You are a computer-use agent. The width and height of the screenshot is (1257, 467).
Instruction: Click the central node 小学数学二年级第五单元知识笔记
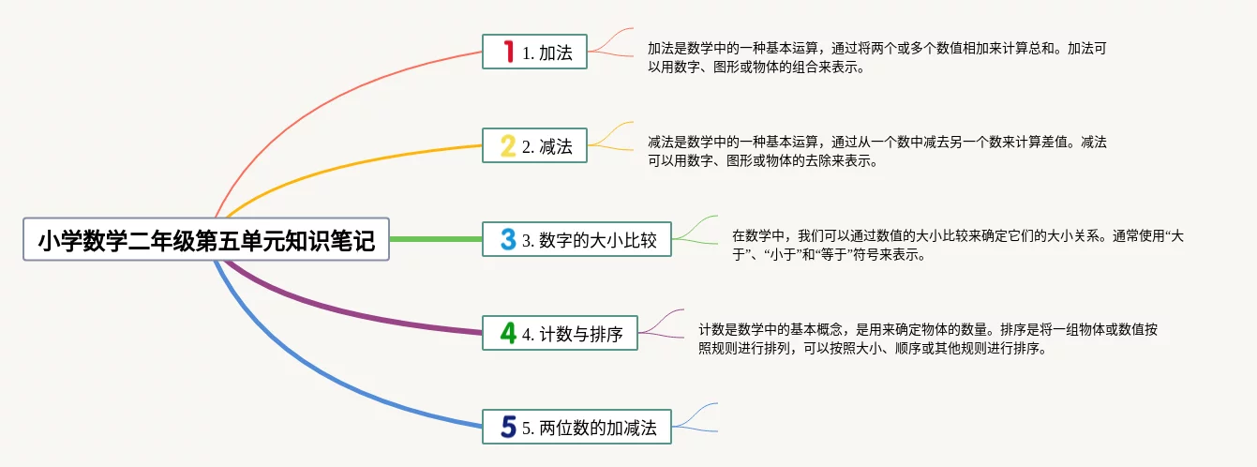206,239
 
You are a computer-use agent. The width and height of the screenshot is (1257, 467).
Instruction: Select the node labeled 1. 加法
534,52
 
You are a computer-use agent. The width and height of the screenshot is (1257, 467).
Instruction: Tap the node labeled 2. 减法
534,145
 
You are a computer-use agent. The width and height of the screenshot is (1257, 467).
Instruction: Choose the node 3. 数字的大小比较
576,239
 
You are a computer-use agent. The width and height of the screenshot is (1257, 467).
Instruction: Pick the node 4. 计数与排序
560,333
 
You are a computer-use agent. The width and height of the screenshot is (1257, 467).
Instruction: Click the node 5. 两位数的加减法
576,427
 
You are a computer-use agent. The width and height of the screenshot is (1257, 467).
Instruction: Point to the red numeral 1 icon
508,51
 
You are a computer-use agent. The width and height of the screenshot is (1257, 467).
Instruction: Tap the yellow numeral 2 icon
508,145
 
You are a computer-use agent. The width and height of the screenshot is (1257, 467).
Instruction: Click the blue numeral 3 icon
508,239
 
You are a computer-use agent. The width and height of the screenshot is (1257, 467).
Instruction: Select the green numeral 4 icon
508,333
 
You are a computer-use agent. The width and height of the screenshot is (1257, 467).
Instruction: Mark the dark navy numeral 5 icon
508,427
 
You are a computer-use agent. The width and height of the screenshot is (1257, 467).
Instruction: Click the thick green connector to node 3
436,239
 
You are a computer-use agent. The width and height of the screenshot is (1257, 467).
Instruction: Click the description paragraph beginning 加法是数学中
877,58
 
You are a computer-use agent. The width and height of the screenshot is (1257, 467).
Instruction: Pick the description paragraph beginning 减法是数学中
877,152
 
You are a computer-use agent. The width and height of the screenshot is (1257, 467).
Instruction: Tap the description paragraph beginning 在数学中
958,246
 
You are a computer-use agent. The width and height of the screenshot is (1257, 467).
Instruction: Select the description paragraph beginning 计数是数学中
928,339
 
